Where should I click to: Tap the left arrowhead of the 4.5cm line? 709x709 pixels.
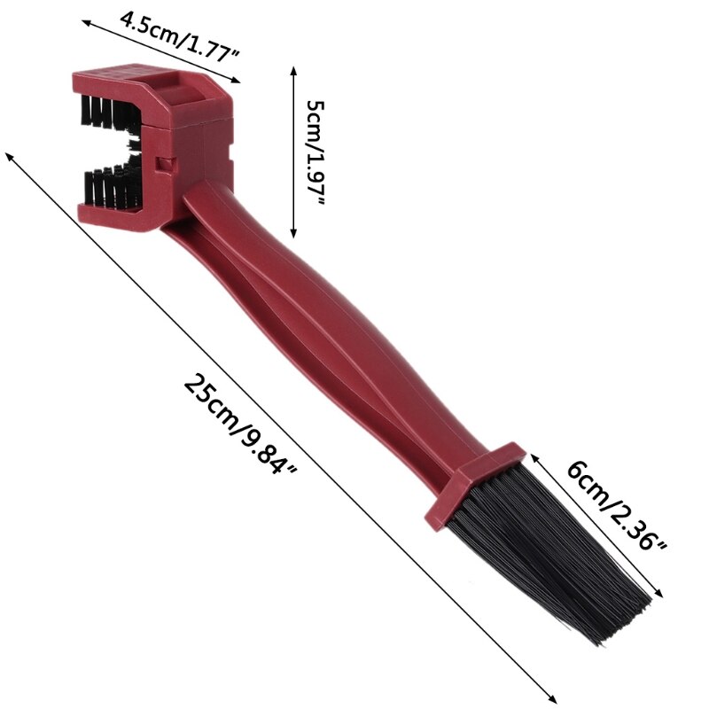(86, 22)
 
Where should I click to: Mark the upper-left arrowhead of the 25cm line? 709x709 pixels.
(9, 157)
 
